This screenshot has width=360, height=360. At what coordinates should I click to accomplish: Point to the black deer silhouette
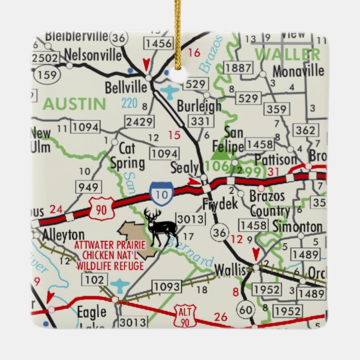tap(161, 226)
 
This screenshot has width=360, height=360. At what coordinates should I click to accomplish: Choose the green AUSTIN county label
tap(74, 103)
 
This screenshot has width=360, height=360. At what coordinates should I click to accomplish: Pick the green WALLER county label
tap(288, 55)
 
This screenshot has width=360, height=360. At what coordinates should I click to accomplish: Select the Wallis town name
tap(230, 271)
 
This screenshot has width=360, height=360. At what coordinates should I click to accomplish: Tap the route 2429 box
tap(139, 122)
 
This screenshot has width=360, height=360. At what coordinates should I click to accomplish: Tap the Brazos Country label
tap(267, 204)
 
